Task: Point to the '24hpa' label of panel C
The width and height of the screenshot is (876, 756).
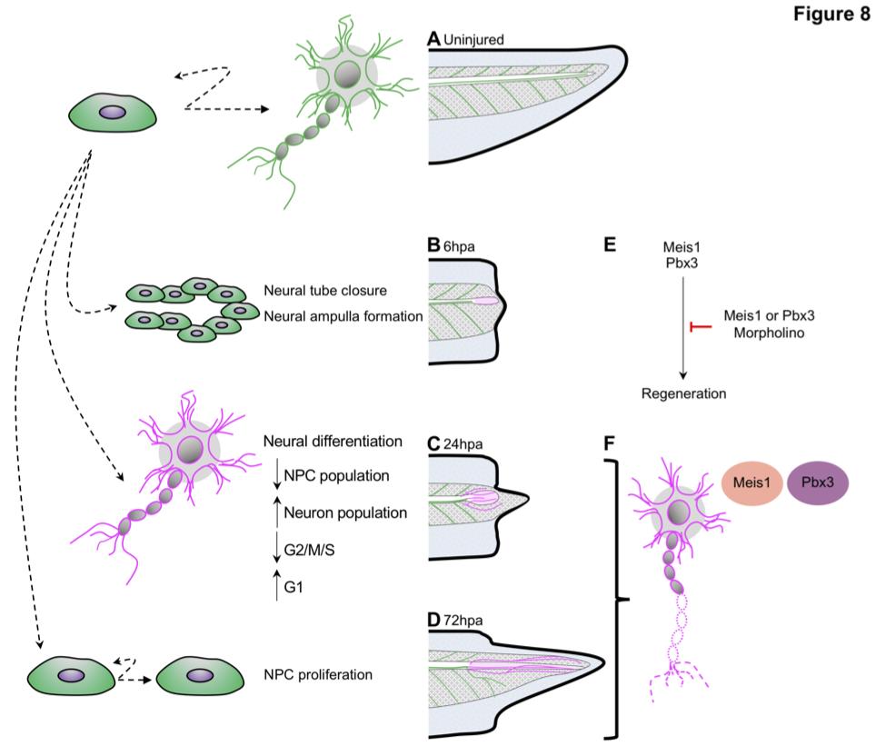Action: tap(466, 444)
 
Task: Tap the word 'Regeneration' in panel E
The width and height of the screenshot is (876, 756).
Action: tap(683, 393)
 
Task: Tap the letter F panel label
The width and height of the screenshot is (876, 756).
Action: tap(610, 444)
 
